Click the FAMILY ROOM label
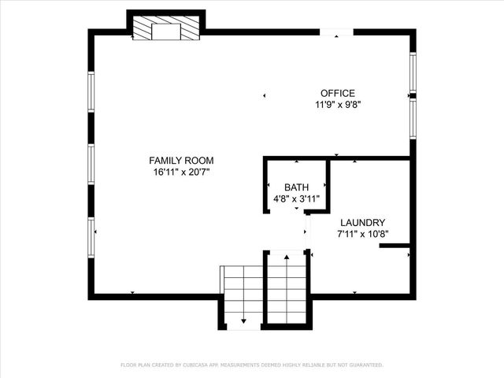pyautogui.click(x=181, y=160)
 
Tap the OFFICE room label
pyautogui.click(x=337, y=93)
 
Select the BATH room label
pyautogui.click(x=297, y=187)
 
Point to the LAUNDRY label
pyautogui.click(x=362, y=223)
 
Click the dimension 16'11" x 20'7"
pyautogui.click(x=181, y=171)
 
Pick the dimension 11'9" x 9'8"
pyautogui.click(x=338, y=104)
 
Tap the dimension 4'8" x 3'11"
pyautogui.click(x=297, y=198)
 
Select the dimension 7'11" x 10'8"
pyautogui.click(x=363, y=233)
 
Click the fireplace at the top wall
pyautogui.click(x=166, y=29)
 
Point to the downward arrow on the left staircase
pyautogui.click(x=243, y=318)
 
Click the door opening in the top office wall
pyautogui.click(x=336, y=32)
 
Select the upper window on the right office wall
pyautogui.click(x=412, y=72)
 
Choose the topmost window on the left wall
pyautogui.click(x=91, y=91)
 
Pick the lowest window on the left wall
pyautogui.click(x=91, y=237)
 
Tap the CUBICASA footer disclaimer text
pyautogui.click(x=252, y=365)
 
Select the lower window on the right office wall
pyautogui.click(x=412, y=119)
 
